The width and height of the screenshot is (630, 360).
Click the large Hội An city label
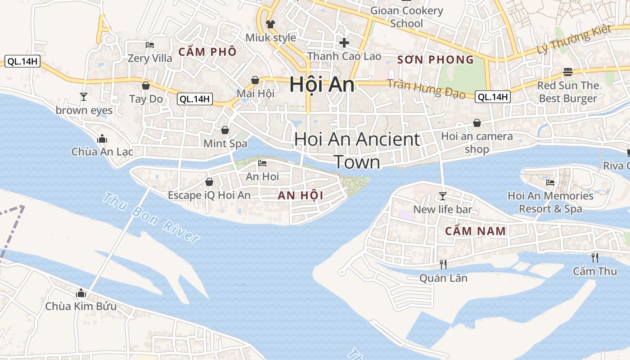[322, 85]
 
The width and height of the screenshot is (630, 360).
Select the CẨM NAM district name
[476, 231]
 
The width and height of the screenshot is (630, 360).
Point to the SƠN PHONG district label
[436, 59]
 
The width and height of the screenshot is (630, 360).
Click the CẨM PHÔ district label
[207, 52]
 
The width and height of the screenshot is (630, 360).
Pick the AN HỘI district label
[301, 195]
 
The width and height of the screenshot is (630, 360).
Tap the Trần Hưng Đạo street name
[427, 89]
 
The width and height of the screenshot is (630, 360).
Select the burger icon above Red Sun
[568, 72]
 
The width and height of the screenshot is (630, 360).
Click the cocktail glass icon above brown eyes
[83, 96]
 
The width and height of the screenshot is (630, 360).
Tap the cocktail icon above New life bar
[443, 196]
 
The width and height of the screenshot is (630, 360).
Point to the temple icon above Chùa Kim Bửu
[81, 293]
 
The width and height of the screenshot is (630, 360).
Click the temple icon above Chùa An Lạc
[102, 138]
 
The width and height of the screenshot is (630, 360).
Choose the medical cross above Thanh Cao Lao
[344, 43]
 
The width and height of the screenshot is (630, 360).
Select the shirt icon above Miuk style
[270, 24]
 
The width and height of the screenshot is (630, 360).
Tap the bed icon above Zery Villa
[150, 45]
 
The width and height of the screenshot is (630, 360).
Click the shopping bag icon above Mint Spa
[225, 130]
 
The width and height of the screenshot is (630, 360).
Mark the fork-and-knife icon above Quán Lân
[443, 264]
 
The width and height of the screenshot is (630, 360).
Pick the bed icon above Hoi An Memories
[550, 182]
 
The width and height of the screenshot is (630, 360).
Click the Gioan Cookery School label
[407, 17]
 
